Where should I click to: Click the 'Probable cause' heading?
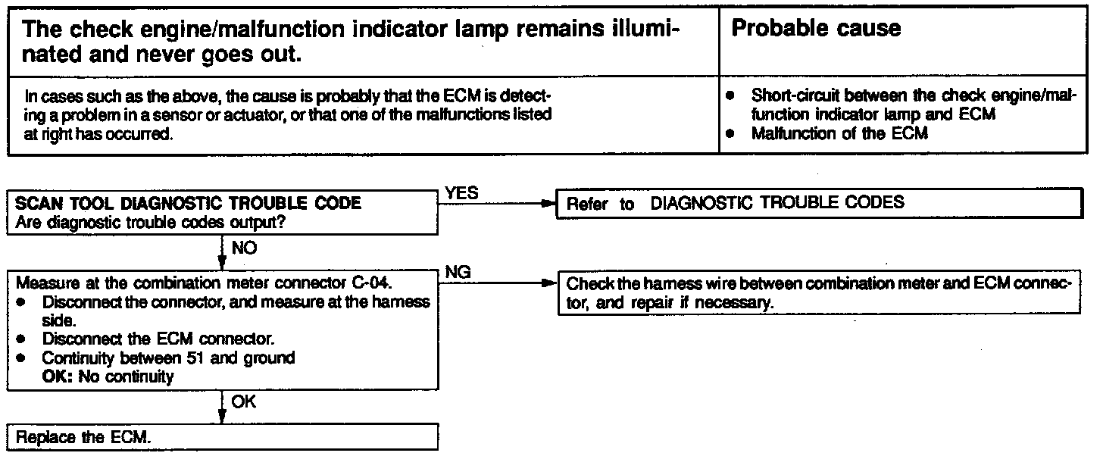pos(817,30)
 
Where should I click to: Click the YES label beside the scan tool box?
pos(461,193)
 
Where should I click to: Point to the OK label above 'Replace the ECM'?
pos(242,402)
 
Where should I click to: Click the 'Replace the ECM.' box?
pos(223,438)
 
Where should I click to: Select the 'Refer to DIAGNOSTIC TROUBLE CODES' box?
pos(818,204)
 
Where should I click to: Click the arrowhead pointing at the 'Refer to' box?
pos(548,204)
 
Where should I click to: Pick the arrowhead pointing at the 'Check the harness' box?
pos(548,285)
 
